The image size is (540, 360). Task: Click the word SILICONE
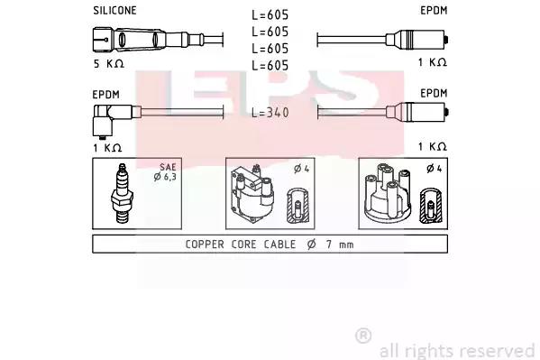pyautogui.click(x=114, y=11)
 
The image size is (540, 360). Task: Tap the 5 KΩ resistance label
pyautogui.click(x=109, y=63)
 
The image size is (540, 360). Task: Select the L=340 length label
pyautogui.click(x=270, y=113)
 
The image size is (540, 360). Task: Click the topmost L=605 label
pyautogui.click(x=270, y=14)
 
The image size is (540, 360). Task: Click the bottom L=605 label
pyautogui.click(x=270, y=66)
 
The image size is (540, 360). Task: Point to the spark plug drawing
pyautogui.click(x=122, y=193)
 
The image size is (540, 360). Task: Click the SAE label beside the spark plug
pyautogui.click(x=168, y=167)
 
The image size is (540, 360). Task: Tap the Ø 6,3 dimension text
pyautogui.click(x=165, y=177)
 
